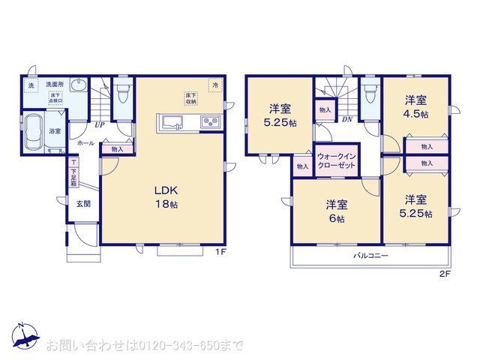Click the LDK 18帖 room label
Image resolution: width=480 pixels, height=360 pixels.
click(167, 197)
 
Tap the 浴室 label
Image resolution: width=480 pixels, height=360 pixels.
click(55, 132)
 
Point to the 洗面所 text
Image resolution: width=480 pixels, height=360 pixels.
click(54, 84)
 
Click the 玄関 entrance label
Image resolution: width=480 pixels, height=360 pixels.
click(82, 203)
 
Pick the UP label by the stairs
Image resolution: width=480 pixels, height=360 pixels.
click(99, 124)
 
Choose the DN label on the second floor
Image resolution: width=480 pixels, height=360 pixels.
click(347, 119)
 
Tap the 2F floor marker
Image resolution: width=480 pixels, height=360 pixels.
click(445, 274)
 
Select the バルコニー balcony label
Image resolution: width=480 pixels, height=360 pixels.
click(370, 256)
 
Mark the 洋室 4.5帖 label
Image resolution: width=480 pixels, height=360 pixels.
click(416, 106)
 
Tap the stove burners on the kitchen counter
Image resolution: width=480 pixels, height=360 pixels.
click(208, 122)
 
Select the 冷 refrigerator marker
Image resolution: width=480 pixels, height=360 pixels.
click(215, 85)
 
